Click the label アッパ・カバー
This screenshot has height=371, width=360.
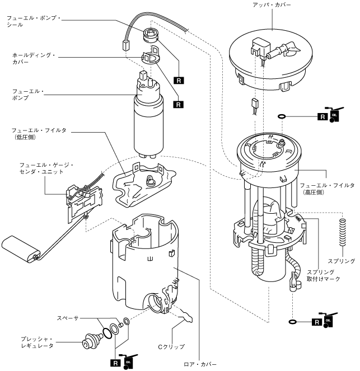272,4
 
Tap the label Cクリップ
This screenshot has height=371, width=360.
171,347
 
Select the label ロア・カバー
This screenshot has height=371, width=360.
200,364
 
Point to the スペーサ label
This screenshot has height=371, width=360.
67,318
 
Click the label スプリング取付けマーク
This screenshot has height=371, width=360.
323,275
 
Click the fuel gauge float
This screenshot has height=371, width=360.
21,249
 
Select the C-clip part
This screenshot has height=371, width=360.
186,316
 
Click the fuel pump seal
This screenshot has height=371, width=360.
151,35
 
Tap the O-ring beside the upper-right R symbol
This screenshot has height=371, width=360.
282,116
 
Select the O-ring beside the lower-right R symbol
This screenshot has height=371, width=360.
293,322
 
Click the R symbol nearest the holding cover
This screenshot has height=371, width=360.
179,104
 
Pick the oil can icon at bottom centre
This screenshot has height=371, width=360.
129,361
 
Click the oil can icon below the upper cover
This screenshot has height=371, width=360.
334,115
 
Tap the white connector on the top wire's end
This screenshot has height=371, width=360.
126,46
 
